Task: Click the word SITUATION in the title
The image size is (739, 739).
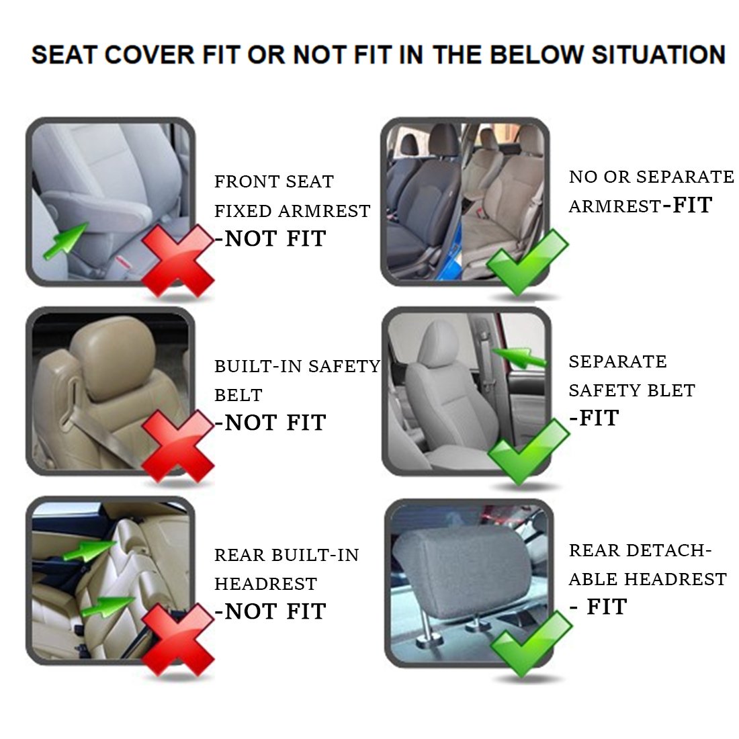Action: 658,54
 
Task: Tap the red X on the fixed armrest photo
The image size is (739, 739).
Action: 177,261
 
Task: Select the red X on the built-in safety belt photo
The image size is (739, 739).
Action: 177,445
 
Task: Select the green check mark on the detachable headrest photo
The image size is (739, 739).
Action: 531,642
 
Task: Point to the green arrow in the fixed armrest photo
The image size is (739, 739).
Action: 65,241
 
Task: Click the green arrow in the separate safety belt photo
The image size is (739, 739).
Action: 519,357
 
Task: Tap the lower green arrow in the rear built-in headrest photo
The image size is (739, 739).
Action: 107,606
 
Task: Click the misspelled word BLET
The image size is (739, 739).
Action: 670,390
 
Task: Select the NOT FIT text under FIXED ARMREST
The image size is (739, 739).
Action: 270,238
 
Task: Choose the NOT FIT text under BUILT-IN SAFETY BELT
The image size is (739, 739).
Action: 270,423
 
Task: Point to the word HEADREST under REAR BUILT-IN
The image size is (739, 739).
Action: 265,584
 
